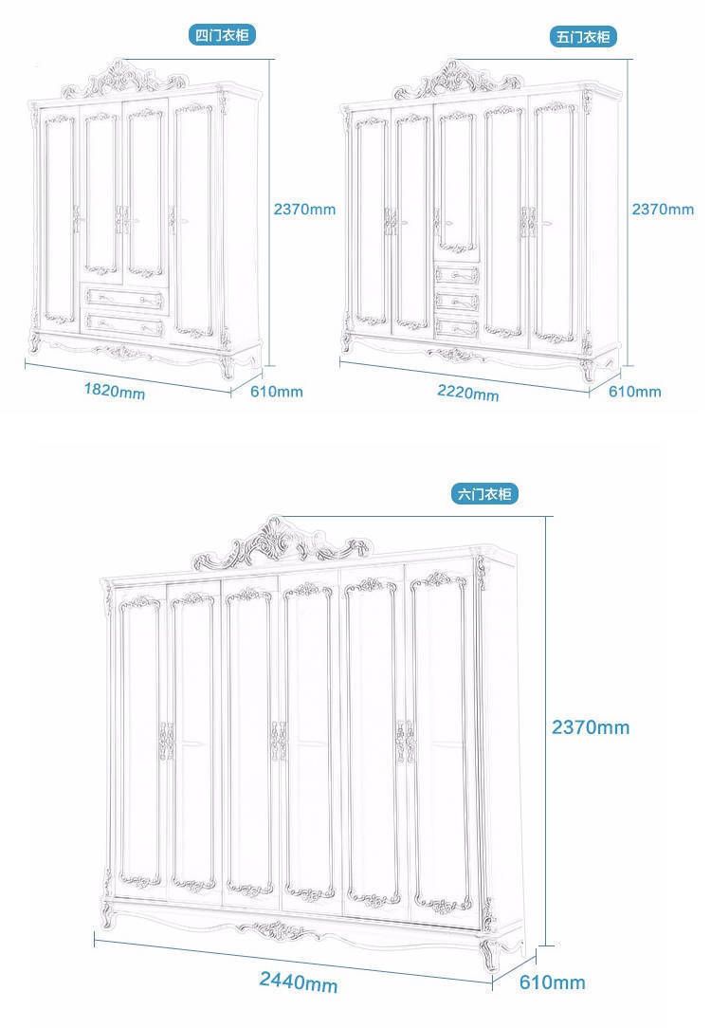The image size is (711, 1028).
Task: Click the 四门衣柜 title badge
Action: click(222, 35)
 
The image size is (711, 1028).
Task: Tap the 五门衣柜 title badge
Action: click(583, 37)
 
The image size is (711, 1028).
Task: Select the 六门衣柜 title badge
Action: click(484, 494)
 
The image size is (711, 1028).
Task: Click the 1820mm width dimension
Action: click(115, 391)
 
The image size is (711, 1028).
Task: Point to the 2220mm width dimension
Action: click(468, 393)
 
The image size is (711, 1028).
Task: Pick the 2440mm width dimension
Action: click(299, 982)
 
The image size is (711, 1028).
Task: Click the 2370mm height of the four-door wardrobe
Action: click(304, 210)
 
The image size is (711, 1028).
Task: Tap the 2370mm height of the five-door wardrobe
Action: click(663, 210)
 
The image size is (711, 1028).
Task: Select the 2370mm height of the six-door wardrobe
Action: click(591, 727)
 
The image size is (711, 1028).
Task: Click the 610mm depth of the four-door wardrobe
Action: click(277, 392)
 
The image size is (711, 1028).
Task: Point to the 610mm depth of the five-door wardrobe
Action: click(635, 392)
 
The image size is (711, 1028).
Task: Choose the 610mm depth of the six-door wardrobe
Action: click(553, 982)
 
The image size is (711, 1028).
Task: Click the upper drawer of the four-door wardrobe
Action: click(123, 299)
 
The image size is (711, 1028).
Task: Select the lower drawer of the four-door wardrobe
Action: click(124, 324)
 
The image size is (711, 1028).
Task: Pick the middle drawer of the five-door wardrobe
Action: click(456, 301)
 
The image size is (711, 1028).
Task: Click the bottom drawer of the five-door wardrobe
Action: click(457, 327)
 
